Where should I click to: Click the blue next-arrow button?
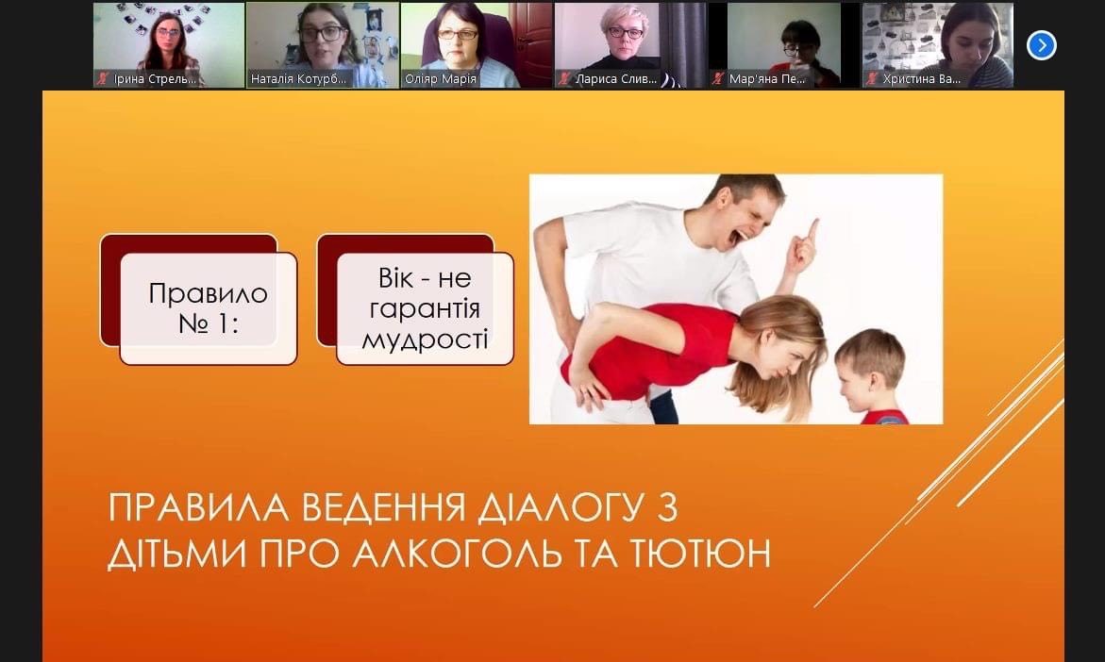pos(1041,46)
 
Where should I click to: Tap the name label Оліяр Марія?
pos(441,79)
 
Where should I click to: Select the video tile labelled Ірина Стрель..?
pos(169,45)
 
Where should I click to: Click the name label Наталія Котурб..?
pos(299,79)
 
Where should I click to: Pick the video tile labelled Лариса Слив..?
pos(629,45)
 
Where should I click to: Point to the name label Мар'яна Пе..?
pos(767,79)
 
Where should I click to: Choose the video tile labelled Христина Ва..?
pos(937,45)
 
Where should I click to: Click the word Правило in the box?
pos(209,293)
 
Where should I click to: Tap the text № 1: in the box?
pos(209,324)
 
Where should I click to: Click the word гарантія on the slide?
pos(425,308)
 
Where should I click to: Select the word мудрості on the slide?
pos(425,339)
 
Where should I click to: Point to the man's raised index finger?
pos(813,230)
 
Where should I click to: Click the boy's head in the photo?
pos(869,370)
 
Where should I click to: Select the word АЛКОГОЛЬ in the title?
pos(457,554)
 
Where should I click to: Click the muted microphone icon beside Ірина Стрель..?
pos(103,79)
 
